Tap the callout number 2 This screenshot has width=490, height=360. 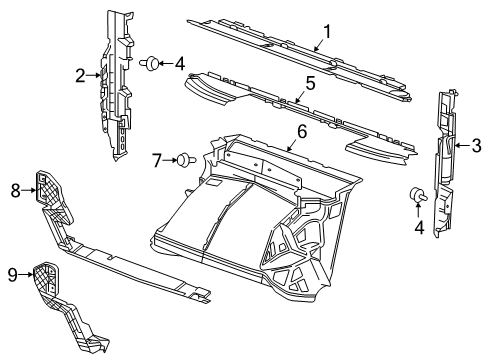(81, 73)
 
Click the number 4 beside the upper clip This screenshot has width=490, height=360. (180, 64)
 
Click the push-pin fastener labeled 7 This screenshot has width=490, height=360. (183, 158)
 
